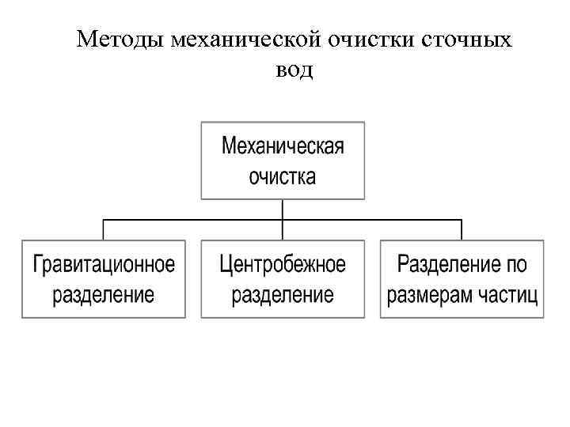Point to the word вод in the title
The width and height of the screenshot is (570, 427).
click(294, 70)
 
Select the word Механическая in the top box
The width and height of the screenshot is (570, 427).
click(283, 147)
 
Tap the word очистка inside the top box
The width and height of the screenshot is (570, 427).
click(283, 176)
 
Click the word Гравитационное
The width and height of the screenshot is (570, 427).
click(104, 264)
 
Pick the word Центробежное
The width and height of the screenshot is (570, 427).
click(283, 264)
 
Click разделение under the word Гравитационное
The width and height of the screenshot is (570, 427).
click(104, 295)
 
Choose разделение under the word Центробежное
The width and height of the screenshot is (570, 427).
click(283, 295)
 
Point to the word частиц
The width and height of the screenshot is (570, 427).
click(510, 295)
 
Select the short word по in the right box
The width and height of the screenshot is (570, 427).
click(518, 264)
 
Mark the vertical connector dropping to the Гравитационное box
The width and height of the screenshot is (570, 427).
click(104, 229)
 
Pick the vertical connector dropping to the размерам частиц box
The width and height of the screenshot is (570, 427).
click(462, 229)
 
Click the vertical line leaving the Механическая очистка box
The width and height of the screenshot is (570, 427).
click(283, 209)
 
